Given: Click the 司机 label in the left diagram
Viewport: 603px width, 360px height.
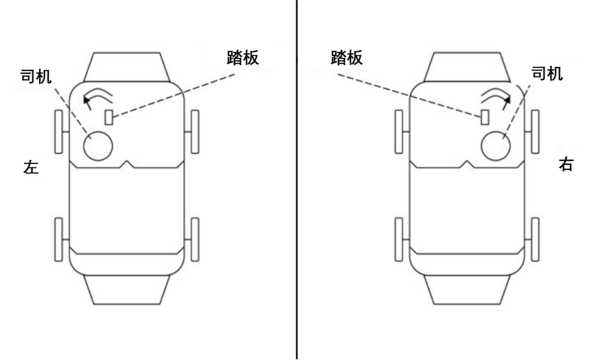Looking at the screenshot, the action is point(36,76).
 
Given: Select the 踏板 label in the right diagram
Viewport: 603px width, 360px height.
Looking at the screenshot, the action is point(346,57).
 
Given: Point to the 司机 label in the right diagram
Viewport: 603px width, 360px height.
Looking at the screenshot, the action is point(547,73).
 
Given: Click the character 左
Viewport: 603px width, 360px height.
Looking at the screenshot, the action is point(31,167).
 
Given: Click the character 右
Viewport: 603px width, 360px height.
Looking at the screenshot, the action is point(566,165).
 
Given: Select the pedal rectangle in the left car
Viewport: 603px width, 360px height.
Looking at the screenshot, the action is point(109,117).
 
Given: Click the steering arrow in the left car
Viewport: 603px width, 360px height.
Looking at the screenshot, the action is point(96,96).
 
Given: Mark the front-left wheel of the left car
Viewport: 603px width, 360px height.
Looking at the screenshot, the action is point(59,132).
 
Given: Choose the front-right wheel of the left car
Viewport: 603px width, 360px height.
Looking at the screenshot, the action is point(195,132).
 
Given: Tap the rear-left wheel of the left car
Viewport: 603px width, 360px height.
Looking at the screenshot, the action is point(59,239).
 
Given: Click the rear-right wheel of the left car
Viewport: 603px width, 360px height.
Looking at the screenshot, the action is point(195,239).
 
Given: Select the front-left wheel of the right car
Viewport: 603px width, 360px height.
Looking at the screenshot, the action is point(399,132).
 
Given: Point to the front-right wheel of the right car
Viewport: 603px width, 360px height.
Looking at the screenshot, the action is point(535,132).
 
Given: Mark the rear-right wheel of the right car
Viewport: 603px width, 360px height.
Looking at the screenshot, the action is point(535,239).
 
